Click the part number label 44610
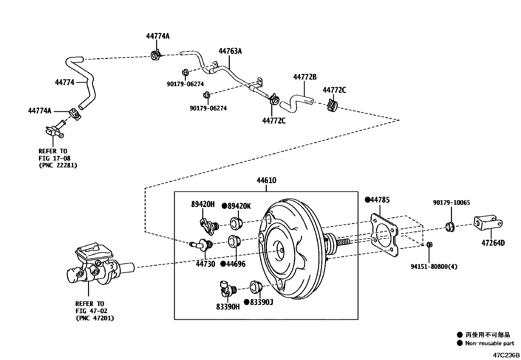(266, 180)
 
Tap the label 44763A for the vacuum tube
(230, 51)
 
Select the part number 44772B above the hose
(305, 77)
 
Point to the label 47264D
(493, 243)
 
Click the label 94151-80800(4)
(434, 267)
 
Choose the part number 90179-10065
(451, 203)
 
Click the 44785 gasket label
(379, 200)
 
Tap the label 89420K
(239, 206)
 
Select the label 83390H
(228, 307)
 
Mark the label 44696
(236, 264)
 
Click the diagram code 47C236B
(507, 355)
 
